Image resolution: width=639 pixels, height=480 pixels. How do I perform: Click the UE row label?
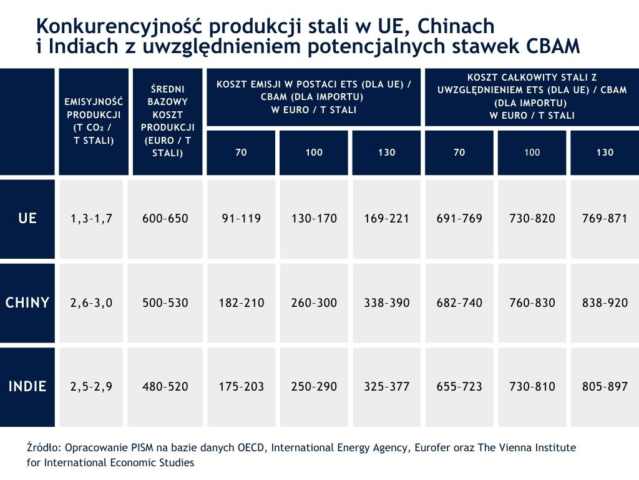pyautogui.click(x=27, y=218)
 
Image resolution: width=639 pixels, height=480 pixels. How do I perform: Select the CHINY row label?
pyautogui.click(x=27, y=302)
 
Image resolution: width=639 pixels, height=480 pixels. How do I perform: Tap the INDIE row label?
pyautogui.click(x=27, y=386)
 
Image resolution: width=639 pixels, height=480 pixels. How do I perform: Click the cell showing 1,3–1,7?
pyautogui.click(x=92, y=218)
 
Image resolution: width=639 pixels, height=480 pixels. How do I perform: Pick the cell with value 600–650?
pyautogui.click(x=165, y=218)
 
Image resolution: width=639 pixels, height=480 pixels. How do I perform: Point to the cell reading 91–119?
pyautogui.click(x=241, y=218)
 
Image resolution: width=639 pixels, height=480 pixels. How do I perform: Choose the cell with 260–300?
pyautogui.click(x=314, y=302)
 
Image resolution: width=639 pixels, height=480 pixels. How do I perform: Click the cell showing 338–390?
pyautogui.click(x=387, y=302)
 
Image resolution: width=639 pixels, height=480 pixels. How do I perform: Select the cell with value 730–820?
pyautogui.click(x=532, y=218)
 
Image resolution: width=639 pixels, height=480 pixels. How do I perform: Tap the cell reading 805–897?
pyautogui.click(x=605, y=386)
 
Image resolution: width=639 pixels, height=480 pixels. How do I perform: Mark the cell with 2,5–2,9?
pyautogui.click(x=92, y=386)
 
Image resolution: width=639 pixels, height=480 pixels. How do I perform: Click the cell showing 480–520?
pyautogui.click(x=165, y=386)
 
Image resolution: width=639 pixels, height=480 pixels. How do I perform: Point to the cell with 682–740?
pyautogui.click(x=460, y=302)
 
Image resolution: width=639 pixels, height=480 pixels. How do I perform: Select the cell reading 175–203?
pyautogui.click(x=241, y=386)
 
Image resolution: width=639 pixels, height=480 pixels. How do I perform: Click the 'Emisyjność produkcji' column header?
pyautogui.click(x=94, y=121)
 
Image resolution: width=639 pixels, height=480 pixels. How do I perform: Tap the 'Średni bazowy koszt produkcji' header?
pyautogui.click(x=167, y=121)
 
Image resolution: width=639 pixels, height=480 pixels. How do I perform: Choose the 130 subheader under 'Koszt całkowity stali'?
pyautogui.click(x=605, y=152)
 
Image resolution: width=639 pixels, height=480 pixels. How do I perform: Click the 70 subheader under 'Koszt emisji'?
pyautogui.click(x=241, y=152)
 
